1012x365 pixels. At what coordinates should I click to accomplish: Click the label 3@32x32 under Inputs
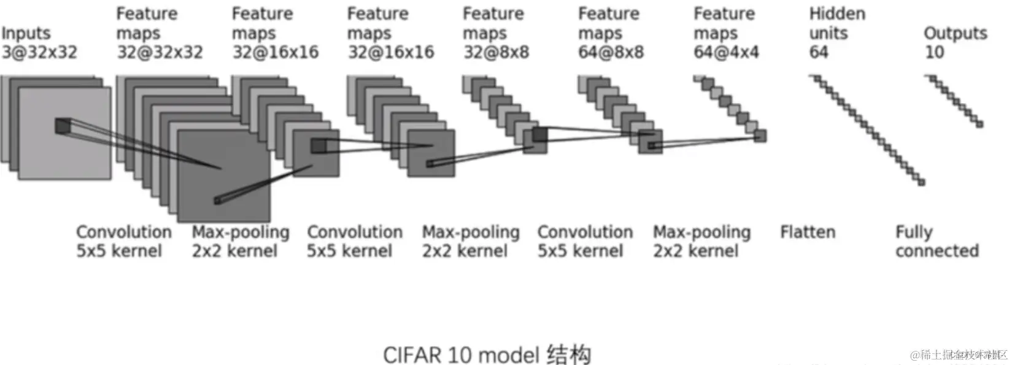(39, 52)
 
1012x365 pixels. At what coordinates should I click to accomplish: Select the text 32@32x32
(160, 52)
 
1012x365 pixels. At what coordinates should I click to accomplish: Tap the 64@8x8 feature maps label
(611, 52)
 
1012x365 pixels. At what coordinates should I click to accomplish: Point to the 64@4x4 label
(726, 52)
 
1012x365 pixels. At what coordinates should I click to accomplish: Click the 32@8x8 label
(496, 52)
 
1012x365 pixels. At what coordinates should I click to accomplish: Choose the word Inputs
(26, 33)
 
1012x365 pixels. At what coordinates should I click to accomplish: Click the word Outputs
(955, 33)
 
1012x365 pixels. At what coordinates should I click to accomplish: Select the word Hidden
(837, 14)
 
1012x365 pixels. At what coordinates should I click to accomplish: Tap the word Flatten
(808, 232)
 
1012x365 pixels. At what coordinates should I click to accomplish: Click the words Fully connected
(937, 242)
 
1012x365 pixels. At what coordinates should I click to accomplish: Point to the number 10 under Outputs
(934, 52)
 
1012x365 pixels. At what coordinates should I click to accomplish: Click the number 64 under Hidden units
(819, 52)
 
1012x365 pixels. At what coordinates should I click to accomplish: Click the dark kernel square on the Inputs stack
(63, 126)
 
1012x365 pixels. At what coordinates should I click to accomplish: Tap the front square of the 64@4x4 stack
(760, 136)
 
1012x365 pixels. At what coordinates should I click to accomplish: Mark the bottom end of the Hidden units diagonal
(921, 182)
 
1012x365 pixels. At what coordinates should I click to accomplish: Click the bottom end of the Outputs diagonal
(979, 125)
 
